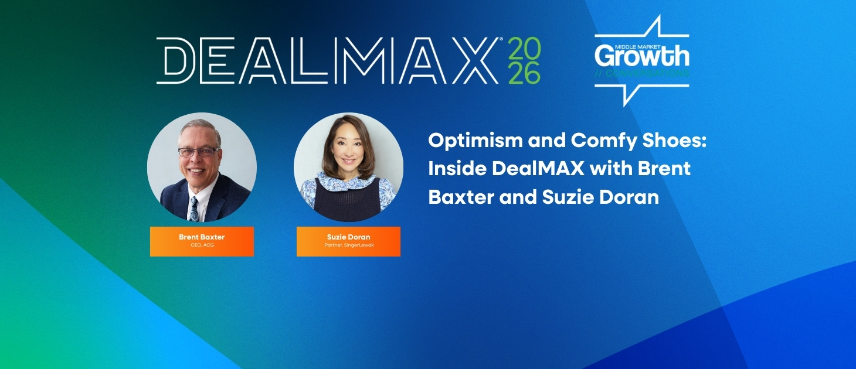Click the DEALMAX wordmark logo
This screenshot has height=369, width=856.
click(x=328, y=61)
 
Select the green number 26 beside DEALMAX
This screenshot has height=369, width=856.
click(x=524, y=73)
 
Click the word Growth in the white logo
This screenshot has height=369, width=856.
click(x=642, y=57)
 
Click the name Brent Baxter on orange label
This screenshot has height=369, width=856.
click(x=202, y=237)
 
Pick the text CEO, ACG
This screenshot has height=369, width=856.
click(x=202, y=245)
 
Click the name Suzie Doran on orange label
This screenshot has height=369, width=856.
click(x=348, y=237)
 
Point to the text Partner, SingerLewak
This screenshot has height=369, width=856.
click(x=348, y=245)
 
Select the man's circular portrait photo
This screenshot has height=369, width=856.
click(x=202, y=167)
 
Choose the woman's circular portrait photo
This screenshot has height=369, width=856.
click(x=348, y=167)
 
